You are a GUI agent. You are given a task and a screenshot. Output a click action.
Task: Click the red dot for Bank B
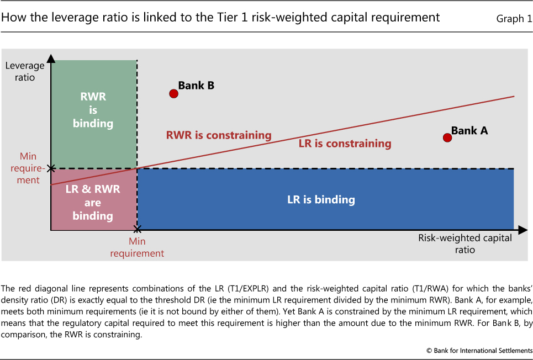click(x=173, y=93)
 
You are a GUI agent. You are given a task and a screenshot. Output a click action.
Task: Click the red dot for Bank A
click(x=447, y=137)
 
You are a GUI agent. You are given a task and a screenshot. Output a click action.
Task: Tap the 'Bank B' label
click(x=196, y=86)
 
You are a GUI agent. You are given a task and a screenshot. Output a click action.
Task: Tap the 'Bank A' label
click(x=469, y=130)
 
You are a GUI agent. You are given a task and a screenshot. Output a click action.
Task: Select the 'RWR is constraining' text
click(x=219, y=135)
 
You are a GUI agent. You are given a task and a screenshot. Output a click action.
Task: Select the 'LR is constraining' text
click(x=345, y=144)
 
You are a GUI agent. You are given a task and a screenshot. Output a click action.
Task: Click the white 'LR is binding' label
click(x=321, y=199)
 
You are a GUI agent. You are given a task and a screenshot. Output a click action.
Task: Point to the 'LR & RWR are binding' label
click(x=93, y=202)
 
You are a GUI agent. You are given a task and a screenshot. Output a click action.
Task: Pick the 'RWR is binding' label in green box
click(x=93, y=110)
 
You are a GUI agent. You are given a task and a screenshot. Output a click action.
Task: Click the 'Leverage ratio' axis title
click(x=25, y=71)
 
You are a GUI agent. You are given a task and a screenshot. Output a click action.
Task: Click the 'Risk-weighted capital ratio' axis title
click(x=465, y=243)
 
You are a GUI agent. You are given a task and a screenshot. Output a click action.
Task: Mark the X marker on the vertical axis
click(x=51, y=168)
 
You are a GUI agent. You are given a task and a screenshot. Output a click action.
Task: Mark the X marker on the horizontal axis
click(x=137, y=230)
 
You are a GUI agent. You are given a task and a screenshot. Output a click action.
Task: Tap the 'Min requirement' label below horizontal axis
click(x=137, y=247)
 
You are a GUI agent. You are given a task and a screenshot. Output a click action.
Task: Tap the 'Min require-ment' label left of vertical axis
click(x=28, y=168)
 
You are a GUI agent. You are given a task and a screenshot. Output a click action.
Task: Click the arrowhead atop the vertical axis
click(x=51, y=59)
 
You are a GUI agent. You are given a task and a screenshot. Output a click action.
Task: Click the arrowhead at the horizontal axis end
click(x=523, y=230)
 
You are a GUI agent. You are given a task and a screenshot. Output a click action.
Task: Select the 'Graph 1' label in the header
click(x=514, y=18)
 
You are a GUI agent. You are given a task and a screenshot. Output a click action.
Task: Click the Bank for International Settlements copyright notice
click(x=479, y=351)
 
